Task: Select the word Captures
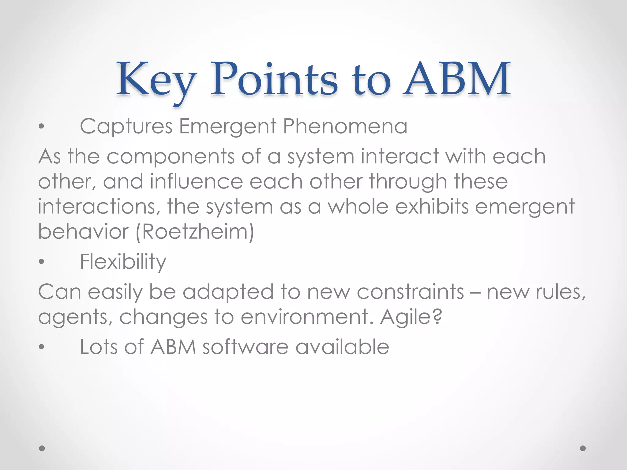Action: [126, 126]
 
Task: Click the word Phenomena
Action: [345, 126]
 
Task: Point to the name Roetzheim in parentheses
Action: [195, 232]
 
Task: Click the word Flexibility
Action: [123, 262]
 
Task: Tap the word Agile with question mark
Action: [411, 317]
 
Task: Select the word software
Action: [245, 347]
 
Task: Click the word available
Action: [342, 347]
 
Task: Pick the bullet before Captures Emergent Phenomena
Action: [42, 126]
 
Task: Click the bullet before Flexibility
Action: [42, 262]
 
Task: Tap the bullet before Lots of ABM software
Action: [42, 347]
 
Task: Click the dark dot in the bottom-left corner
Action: [42, 448]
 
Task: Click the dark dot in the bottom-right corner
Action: [583, 448]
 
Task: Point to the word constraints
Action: [410, 292]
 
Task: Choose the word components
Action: [171, 157]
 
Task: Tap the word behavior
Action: [83, 232]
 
